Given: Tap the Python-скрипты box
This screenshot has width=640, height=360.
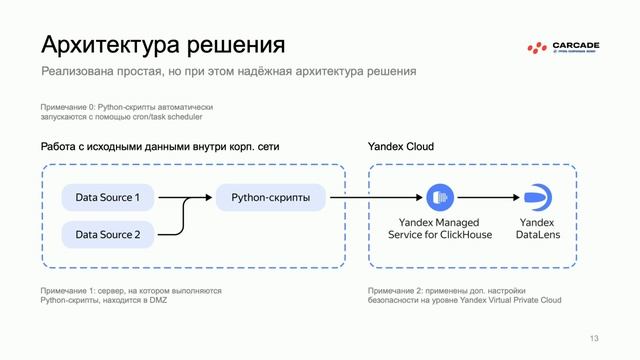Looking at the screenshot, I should tap(270, 197).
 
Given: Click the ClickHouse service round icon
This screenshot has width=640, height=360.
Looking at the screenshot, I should tap(439, 197).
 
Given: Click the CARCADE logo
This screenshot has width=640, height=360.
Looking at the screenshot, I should tap(565, 47).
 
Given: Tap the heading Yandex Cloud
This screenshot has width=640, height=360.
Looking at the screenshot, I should tap(401, 147).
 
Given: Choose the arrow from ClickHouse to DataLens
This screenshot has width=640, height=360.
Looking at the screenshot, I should tap(487, 197).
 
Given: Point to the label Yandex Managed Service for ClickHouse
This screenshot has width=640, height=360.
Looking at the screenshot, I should tap(439, 228).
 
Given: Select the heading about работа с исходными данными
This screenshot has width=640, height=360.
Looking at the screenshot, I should tap(160, 147).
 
